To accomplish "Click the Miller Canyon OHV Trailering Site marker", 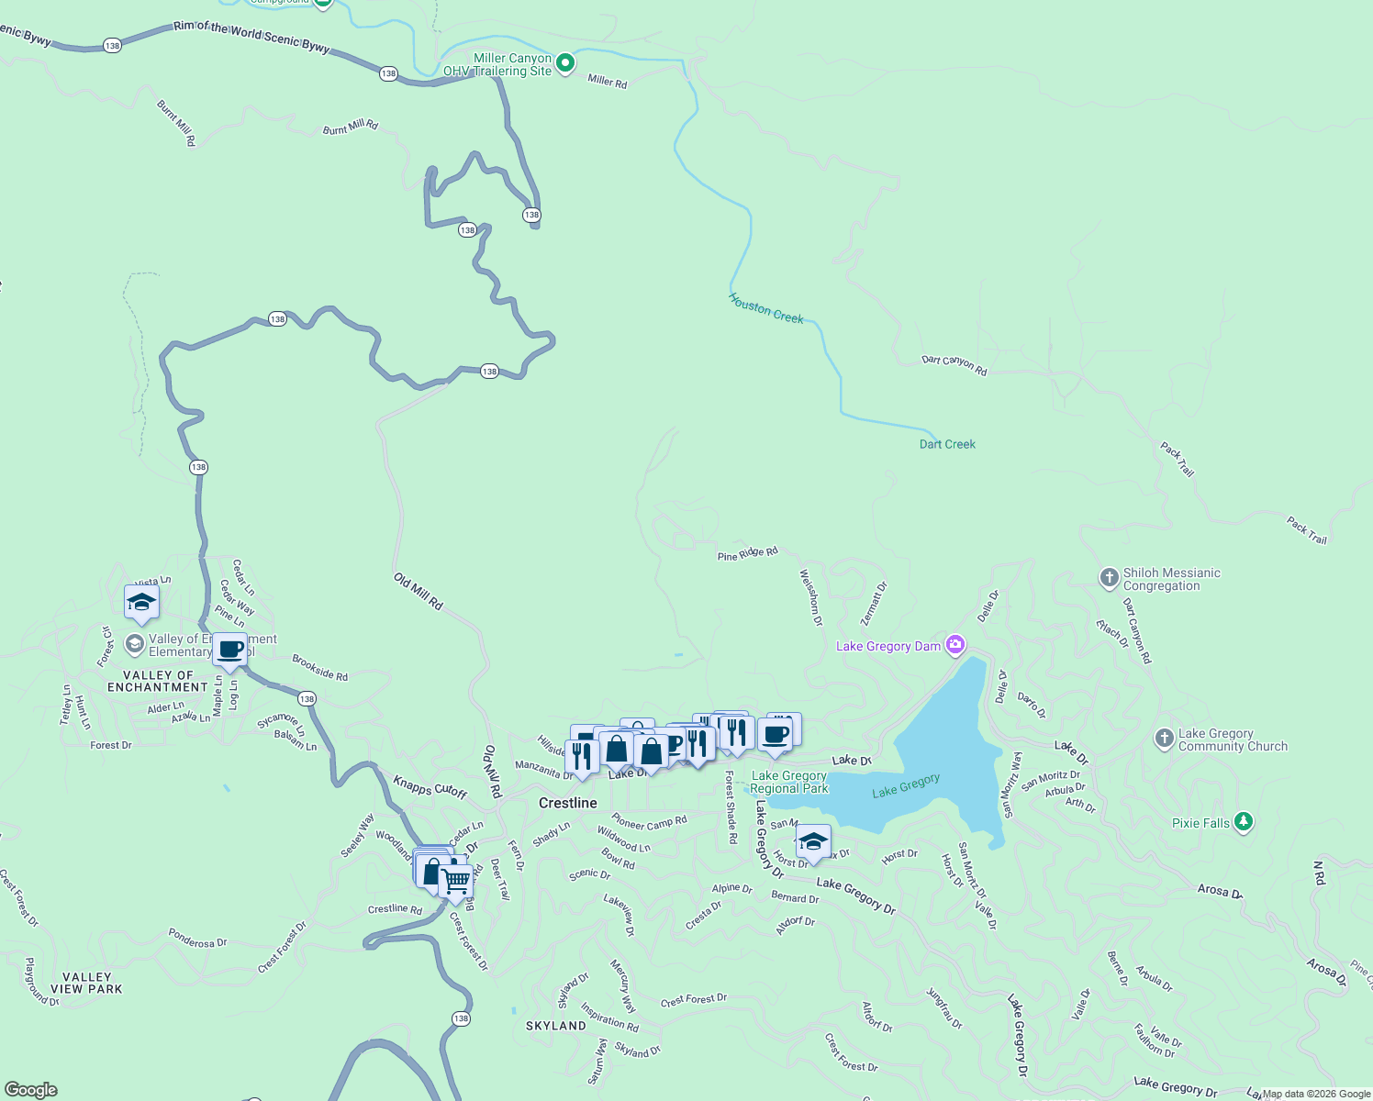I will [x=565, y=63].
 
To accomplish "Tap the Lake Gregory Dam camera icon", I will [x=955, y=646].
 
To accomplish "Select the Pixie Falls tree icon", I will [x=1243, y=822].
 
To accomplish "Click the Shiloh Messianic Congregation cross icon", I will [x=1110, y=578].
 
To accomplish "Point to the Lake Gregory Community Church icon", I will [x=1164, y=739].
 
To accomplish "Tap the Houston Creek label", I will [x=765, y=308].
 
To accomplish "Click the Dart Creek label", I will [x=947, y=444].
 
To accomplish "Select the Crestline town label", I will [x=567, y=803].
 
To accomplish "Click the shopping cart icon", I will [x=455, y=882].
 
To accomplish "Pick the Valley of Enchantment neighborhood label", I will [x=157, y=681].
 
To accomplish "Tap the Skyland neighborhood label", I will [x=555, y=1026].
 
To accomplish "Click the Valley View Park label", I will [x=86, y=983].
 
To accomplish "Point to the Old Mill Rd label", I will [x=419, y=592].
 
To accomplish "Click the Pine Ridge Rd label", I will [x=747, y=554].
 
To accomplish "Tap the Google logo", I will [x=31, y=1090].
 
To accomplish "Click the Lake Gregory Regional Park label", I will [x=789, y=782].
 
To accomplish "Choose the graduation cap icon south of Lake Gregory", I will [x=813, y=840].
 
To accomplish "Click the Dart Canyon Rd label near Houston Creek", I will [x=954, y=365].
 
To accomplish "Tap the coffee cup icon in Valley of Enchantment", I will [x=230, y=650].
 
